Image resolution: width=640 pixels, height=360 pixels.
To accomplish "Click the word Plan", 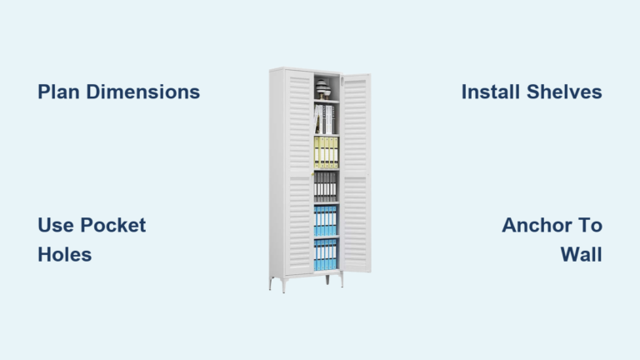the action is (x=58, y=92).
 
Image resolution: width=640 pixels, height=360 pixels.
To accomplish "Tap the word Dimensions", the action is (x=142, y=92).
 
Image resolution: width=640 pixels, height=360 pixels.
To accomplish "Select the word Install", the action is (x=491, y=92).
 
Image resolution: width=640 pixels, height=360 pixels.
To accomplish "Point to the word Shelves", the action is (x=564, y=92).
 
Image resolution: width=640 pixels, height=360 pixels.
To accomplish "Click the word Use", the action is (x=56, y=225).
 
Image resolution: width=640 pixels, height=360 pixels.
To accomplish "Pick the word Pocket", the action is (x=113, y=225).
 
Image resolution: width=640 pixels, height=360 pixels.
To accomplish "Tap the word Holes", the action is (x=64, y=255).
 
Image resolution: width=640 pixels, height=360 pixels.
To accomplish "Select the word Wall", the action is (x=581, y=255).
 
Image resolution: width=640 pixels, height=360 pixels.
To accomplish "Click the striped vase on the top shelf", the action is (x=322, y=89).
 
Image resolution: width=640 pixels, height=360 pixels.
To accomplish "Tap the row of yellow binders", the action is (x=326, y=152).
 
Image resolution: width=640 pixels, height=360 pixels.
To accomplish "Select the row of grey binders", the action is (x=325, y=187).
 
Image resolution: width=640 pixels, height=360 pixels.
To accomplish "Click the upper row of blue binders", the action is (x=325, y=221).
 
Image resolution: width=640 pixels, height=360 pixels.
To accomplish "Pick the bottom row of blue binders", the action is (x=325, y=255).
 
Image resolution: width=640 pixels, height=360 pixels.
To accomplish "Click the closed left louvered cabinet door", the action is (x=299, y=172).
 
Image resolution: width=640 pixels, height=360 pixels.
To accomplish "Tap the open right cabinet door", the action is (x=356, y=173).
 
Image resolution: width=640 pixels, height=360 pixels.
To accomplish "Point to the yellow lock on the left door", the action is (x=312, y=174).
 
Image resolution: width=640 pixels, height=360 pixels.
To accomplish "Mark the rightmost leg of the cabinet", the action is (x=342, y=280).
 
